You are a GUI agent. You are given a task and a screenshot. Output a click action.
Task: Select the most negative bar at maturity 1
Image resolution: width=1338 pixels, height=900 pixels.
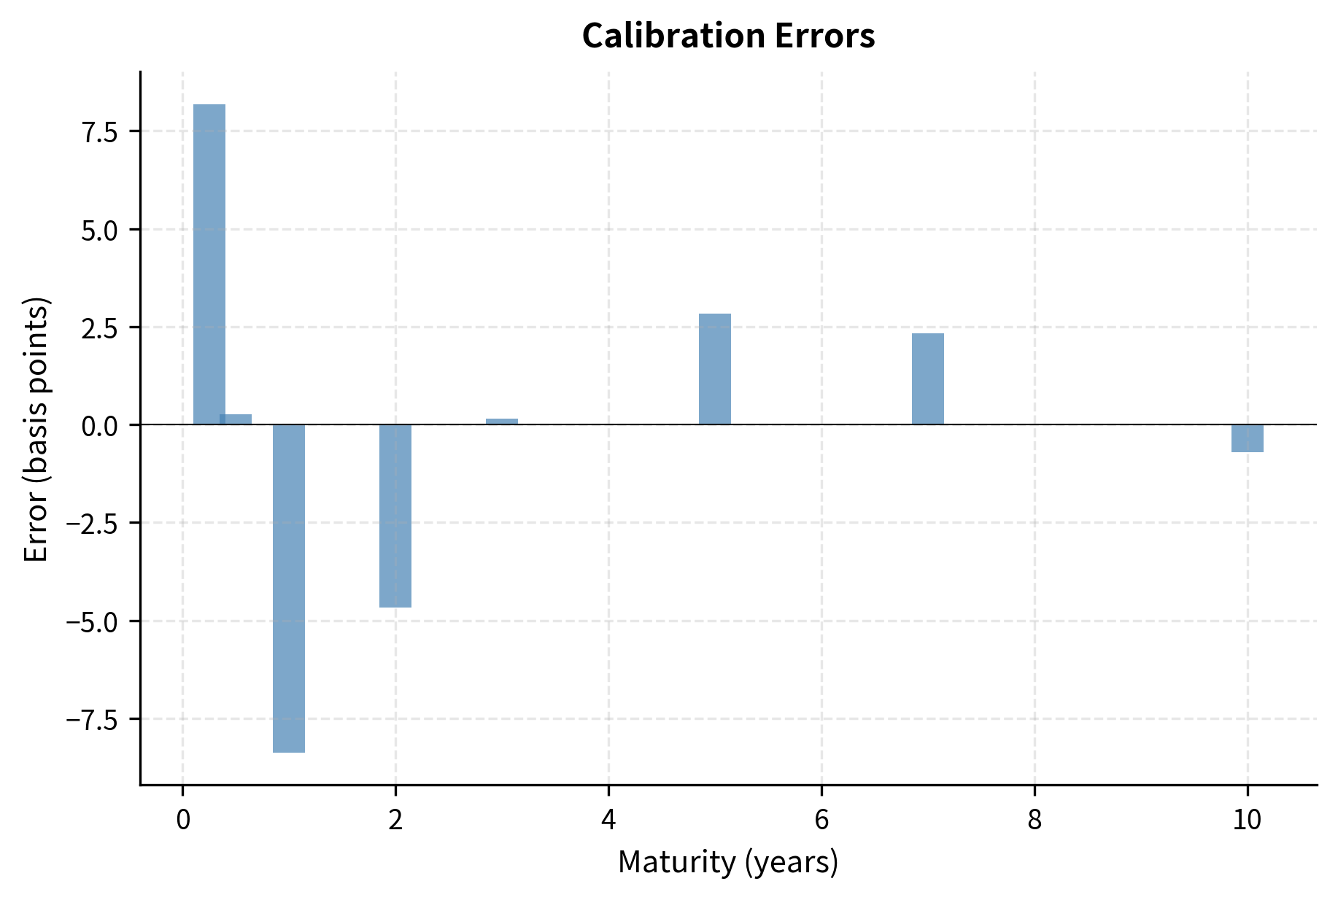click(x=289, y=588)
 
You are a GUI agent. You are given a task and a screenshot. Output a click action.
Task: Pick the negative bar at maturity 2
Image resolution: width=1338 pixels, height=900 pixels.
click(x=395, y=516)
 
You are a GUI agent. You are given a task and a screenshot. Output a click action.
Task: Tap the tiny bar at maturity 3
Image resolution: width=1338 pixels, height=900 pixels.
click(x=502, y=422)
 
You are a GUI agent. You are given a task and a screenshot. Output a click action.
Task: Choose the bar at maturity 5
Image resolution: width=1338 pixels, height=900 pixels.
click(x=715, y=369)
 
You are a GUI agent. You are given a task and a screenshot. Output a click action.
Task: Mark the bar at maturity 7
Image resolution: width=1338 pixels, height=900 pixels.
click(x=928, y=379)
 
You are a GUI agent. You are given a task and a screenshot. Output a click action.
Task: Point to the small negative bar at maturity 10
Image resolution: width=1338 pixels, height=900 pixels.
click(x=1248, y=438)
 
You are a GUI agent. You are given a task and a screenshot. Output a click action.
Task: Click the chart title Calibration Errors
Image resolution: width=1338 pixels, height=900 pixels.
click(x=728, y=36)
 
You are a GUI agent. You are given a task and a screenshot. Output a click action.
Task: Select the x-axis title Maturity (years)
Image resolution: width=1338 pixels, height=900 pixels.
click(x=728, y=862)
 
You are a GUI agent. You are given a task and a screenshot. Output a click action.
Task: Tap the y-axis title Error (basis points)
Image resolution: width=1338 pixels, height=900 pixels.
click(x=36, y=429)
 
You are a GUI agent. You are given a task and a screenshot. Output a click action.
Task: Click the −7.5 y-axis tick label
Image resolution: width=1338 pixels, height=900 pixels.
click(x=92, y=720)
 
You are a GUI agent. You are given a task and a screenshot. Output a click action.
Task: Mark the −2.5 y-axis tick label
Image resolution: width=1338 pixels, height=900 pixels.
click(x=92, y=524)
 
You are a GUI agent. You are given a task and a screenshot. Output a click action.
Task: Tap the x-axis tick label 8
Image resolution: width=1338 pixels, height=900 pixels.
click(x=1035, y=821)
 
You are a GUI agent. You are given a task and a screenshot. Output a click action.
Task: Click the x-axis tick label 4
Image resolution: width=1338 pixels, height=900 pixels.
click(x=608, y=821)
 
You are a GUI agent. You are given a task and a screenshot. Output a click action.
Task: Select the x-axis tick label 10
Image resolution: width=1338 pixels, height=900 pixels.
click(x=1248, y=821)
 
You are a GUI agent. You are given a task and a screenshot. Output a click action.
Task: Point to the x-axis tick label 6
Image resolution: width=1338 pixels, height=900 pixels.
click(x=821, y=821)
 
